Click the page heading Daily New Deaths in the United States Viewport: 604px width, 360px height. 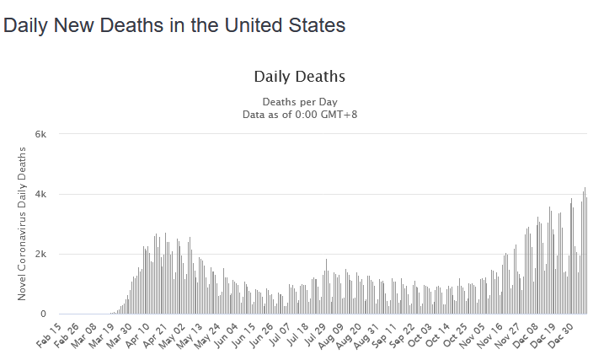point(174,26)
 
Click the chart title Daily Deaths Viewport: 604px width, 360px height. point(299,77)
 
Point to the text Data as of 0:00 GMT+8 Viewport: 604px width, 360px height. point(299,115)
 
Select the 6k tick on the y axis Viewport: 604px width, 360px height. point(40,134)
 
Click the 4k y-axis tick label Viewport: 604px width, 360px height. point(40,194)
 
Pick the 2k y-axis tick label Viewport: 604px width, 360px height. point(40,254)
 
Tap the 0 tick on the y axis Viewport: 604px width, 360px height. point(44,314)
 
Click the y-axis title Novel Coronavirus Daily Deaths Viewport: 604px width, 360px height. point(22,223)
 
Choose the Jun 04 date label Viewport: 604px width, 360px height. point(238,336)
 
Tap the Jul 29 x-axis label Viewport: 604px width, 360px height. point(329,336)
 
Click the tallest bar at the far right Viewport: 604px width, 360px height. point(585,253)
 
